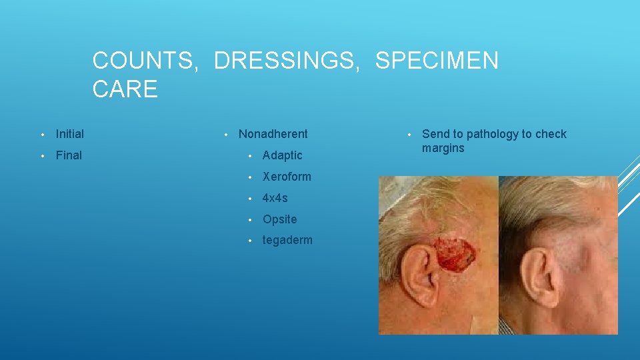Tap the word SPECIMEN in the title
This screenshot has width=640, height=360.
click(436, 61)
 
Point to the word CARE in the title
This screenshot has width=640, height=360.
click(125, 89)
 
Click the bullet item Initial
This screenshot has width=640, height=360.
click(70, 134)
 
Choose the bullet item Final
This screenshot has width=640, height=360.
click(69, 155)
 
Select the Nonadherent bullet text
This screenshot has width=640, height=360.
click(273, 134)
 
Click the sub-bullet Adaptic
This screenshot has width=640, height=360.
click(282, 155)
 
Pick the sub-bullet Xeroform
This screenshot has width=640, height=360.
click(287, 177)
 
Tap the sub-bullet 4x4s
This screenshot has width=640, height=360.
click(275, 198)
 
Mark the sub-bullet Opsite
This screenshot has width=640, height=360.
click(279, 219)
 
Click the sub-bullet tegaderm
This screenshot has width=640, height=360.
click(287, 241)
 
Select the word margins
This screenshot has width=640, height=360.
click(443, 148)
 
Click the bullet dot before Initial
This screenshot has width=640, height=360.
click(41, 135)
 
